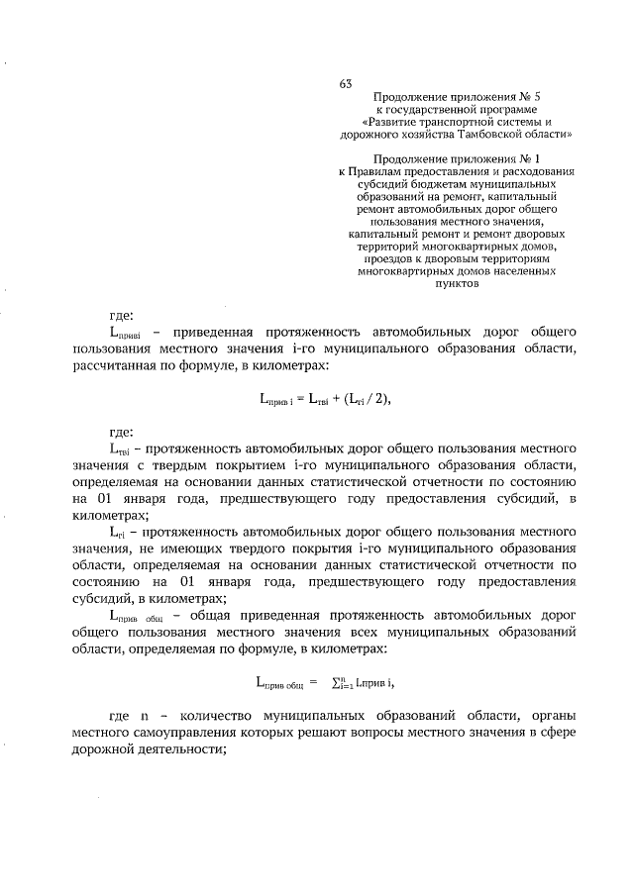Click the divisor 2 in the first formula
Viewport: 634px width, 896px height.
click(376, 399)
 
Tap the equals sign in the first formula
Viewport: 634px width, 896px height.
click(298, 399)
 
